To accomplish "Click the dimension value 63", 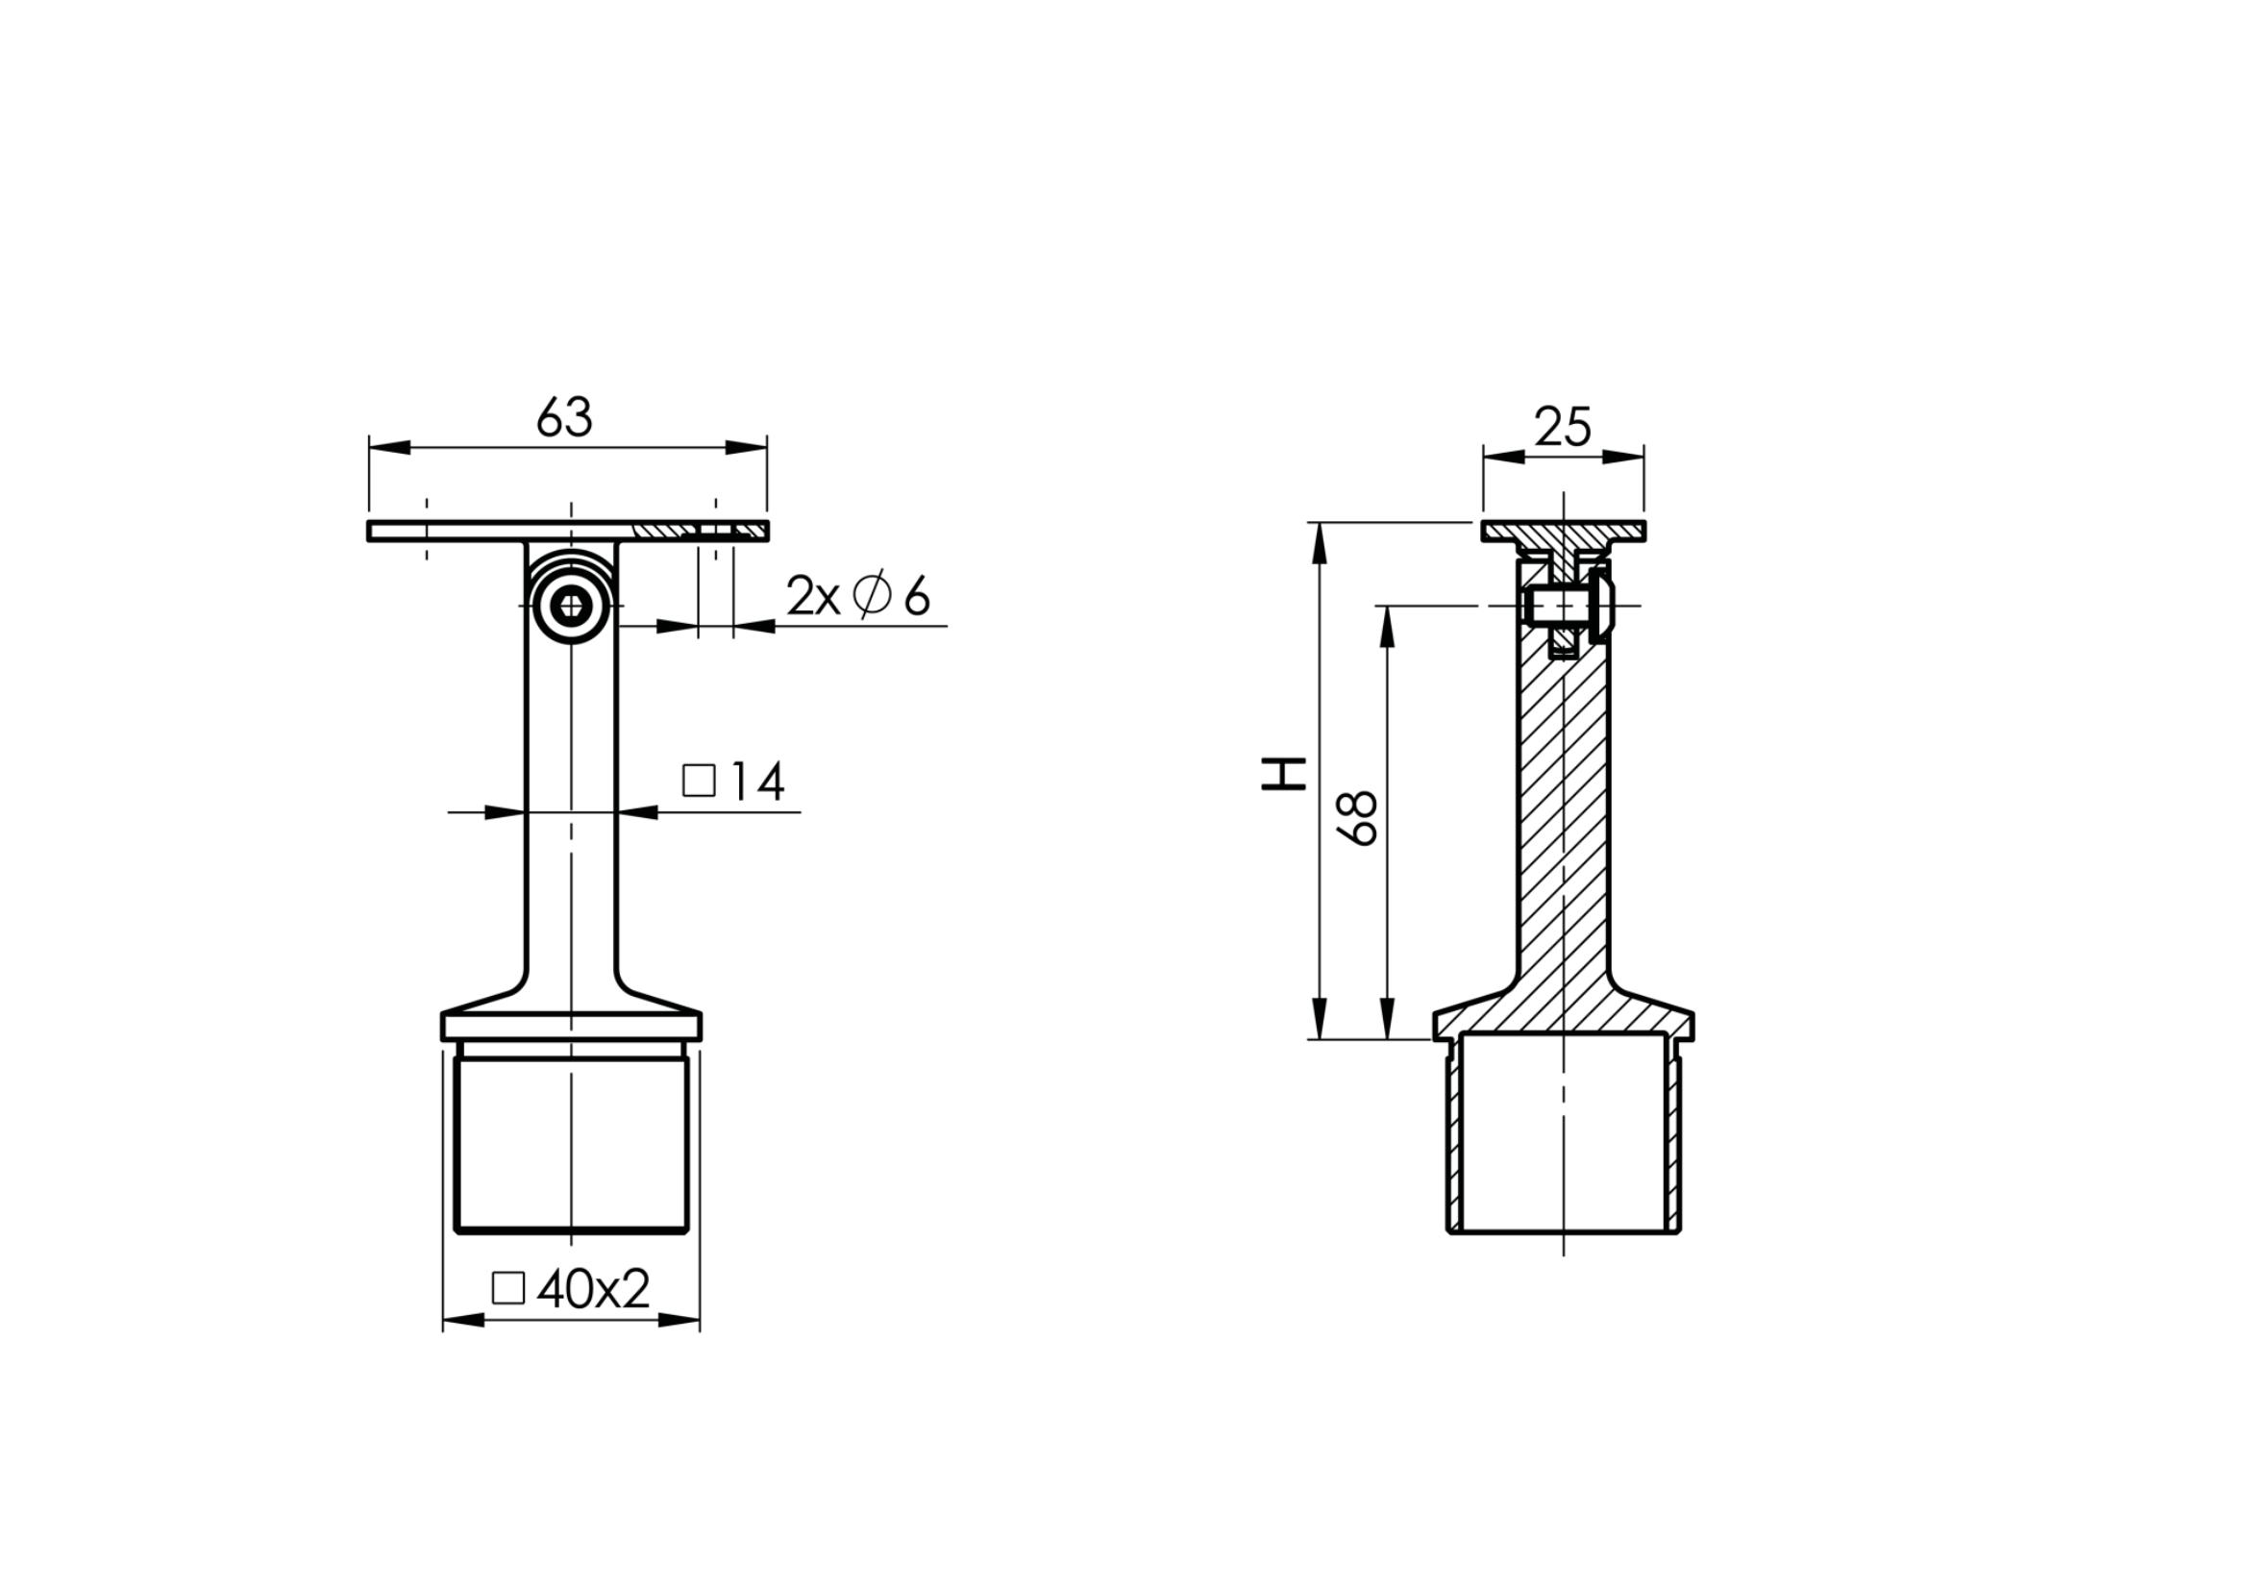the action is click(565, 418).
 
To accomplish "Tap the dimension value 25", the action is click(1563, 427).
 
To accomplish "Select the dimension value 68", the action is click(1358, 818).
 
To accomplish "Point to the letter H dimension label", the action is click(1284, 774).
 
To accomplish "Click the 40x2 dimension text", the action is click(593, 1289).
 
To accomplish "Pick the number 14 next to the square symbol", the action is click(756, 782).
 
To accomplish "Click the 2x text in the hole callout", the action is click(814, 596).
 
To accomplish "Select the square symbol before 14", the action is click(699, 782).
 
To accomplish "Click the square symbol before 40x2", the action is click(508, 1288).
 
